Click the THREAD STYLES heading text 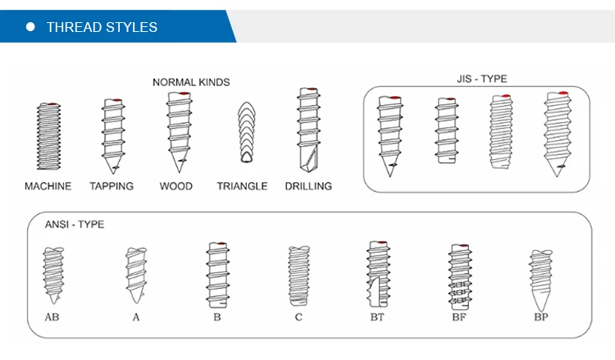tap(102, 27)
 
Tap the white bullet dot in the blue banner tap(31, 27)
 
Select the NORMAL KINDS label tap(191, 82)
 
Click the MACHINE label tap(48, 186)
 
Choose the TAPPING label tap(112, 186)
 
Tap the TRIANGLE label tap(242, 186)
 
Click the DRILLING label tap(308, 186)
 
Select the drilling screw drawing tap(307, 130)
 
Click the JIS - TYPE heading tap(481, 79)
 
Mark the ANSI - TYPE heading tap(74, 224)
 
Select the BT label tap(377, 317)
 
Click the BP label tap(541, 317)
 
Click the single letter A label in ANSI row tap(136, 317)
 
